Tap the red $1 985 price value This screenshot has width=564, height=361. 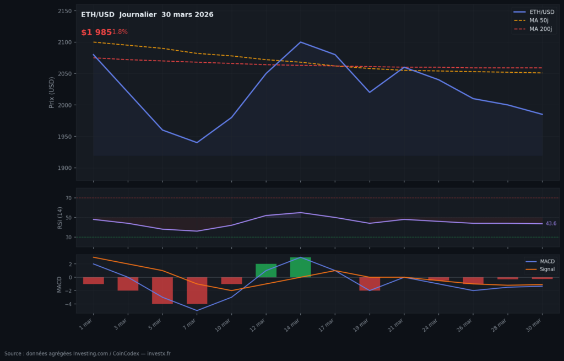(96, 33)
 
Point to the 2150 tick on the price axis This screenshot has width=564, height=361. (65, 11)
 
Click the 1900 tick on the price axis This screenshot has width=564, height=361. (65, 168)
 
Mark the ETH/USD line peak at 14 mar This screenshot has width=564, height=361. (300, 42)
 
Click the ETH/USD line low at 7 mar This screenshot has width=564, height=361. (197, 143)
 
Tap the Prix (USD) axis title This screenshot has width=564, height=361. (52, 92)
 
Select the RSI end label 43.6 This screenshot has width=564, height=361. (551, 224)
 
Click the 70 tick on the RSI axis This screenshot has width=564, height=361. (68, 198)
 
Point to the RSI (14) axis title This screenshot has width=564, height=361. (61, 217)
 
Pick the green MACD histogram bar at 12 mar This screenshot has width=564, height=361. (265, 271)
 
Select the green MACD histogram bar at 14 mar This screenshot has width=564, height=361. (300, 267)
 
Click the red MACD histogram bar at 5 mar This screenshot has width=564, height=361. (162, 290)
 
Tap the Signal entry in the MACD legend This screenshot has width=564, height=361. (547, 270)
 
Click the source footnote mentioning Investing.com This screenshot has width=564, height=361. (87, 354)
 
